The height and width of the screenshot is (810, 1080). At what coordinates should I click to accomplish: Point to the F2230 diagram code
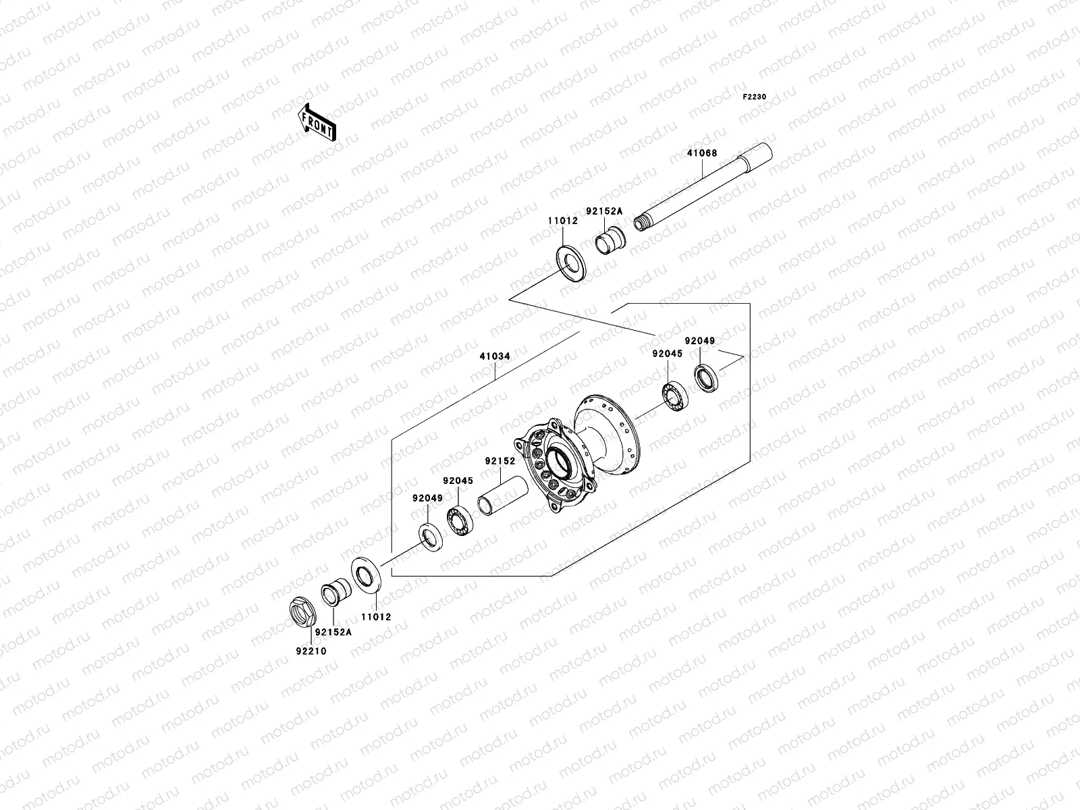pyautogui.click(x=755, y=97)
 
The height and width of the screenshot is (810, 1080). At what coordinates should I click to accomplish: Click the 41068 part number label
pyautogui.click(x=702, y=153)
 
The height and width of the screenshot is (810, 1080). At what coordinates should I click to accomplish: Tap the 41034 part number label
pyautogui.click(x=495, y=356)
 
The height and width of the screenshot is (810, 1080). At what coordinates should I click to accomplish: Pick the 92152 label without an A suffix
pyautogui.click(x=500, y=462)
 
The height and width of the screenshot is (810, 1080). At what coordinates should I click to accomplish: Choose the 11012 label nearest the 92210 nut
pyautogui.click(x=375, y=617)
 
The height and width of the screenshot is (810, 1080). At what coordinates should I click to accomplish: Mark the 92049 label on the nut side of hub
pyautogui.click(x=427, y=498)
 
